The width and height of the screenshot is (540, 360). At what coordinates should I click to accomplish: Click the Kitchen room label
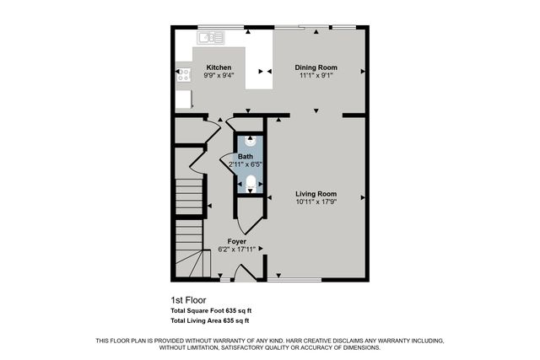219,67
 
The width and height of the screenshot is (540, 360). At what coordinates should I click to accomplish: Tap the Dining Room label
316,67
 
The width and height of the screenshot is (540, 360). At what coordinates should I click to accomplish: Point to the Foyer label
237,241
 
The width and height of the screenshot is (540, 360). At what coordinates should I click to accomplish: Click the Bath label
245,157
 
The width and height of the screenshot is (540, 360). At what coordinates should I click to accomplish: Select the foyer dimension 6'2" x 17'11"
237,249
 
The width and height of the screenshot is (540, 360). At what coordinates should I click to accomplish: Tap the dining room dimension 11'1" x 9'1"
316,75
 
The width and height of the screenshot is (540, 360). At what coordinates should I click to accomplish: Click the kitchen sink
211,36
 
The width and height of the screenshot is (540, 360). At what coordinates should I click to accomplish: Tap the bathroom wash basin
250,142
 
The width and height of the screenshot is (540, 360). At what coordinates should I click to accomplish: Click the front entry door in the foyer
247,272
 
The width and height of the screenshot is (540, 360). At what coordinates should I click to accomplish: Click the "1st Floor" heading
188,299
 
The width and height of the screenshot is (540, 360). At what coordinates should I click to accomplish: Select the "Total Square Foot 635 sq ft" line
211,310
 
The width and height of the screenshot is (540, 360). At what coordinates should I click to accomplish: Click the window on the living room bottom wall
300,279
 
